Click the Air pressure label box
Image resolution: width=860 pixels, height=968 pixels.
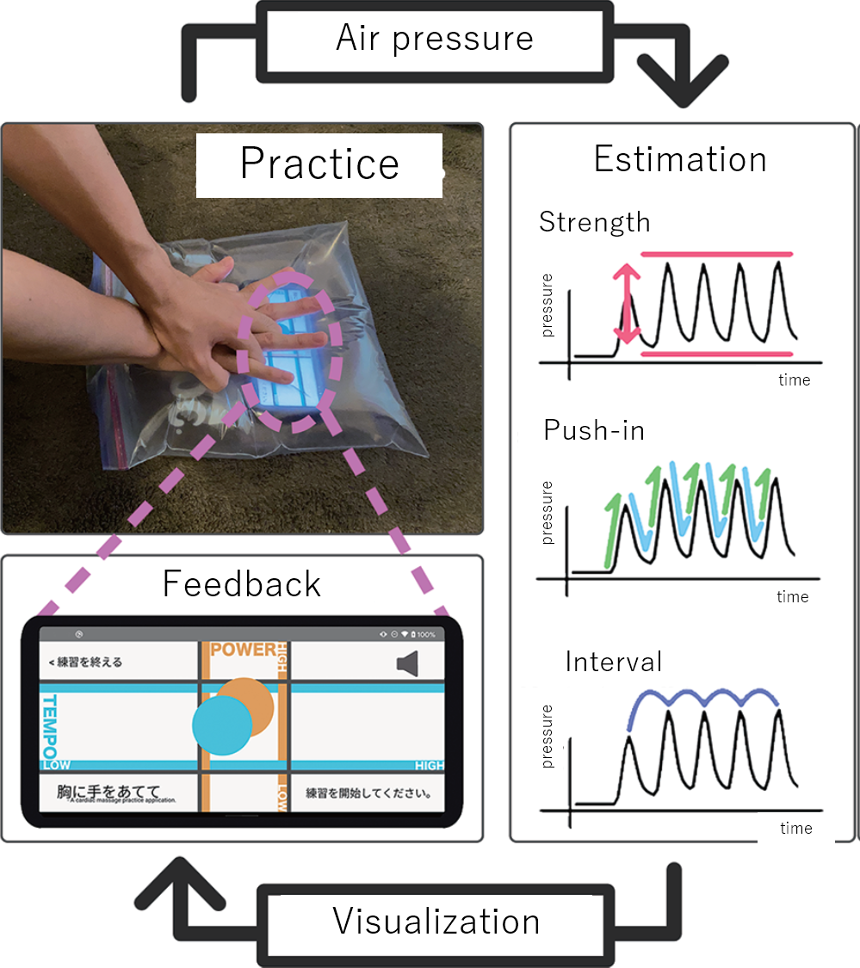coord(435,39)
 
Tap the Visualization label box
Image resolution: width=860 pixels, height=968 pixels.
coord(436,922)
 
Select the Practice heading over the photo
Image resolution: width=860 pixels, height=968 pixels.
coord(319,163)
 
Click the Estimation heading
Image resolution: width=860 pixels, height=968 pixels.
coord(680,159)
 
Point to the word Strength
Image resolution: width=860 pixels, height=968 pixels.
coord(594,222)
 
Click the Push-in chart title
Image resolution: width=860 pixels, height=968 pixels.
coord(594,430)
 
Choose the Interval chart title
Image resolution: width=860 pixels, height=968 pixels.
coord(614,662)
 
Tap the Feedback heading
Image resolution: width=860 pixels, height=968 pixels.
coord(241,584)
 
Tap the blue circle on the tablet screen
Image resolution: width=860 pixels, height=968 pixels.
coord(221,725)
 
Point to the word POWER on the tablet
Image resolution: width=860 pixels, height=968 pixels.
coord(243,650)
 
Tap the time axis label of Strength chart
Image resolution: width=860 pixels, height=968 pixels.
coord(793,380)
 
